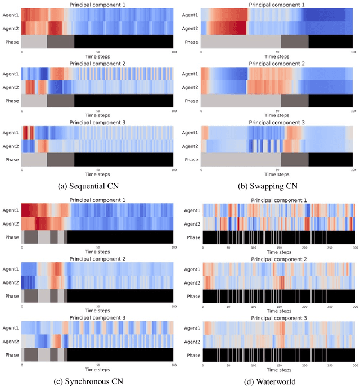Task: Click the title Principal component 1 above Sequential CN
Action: [97, 5]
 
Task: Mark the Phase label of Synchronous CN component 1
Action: [12, 237]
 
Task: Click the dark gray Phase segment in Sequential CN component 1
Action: [60, 42]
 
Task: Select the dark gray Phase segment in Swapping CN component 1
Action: [295, 42]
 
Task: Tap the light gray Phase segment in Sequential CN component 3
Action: [34, 160]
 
